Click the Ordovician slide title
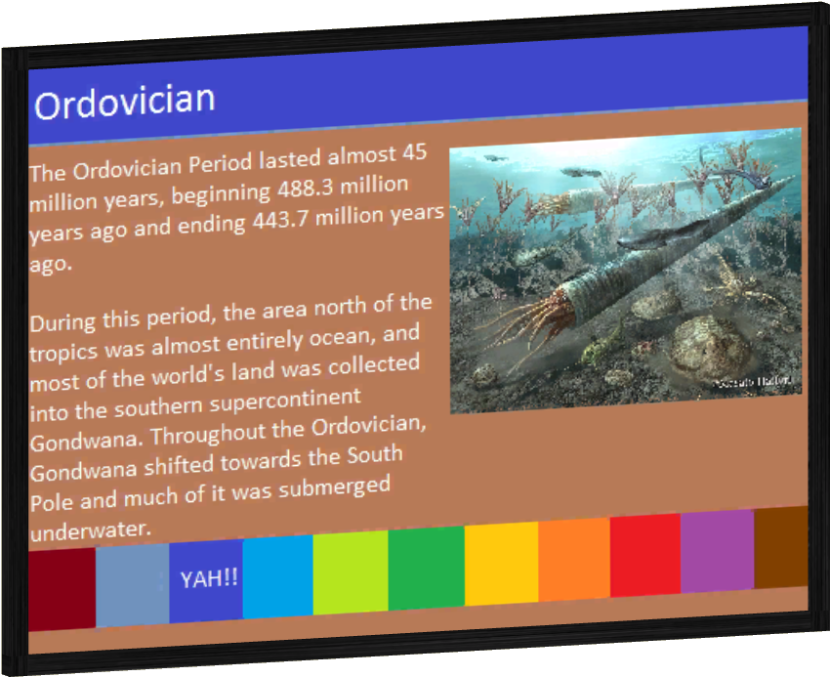pyautogui.click(x=124, y=102)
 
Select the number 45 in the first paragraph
pyautogui.click(x=414, y=153)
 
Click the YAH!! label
pyautogui.click(x=209, y=578)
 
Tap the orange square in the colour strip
pyautogui.click(x=573, y=560)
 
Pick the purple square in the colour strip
pyautogui.click(x=717, y=551)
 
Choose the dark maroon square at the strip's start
pyautogui.click(x=62, y=588)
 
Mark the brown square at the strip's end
pyautogui.click(x=781, y=547)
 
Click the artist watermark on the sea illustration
pyautogui.click(x=756, y=382)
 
